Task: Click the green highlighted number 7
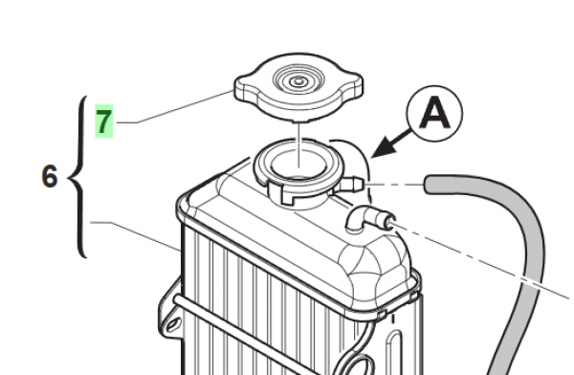[x=104, y=121]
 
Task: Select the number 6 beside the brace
[x=50, y=177]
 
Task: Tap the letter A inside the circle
[x=434, y=113]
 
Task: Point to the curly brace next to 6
[x=77, y=177]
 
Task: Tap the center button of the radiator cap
[x=298, y=80]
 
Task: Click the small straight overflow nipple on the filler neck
[x=350, y=184]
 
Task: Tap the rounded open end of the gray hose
[x=429, y=185]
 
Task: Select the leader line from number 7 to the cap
[x=175, y=107]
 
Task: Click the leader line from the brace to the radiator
[x=136, y=236]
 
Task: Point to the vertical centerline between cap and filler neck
[x=299, y=145]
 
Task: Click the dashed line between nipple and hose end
[x=394, y=185]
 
